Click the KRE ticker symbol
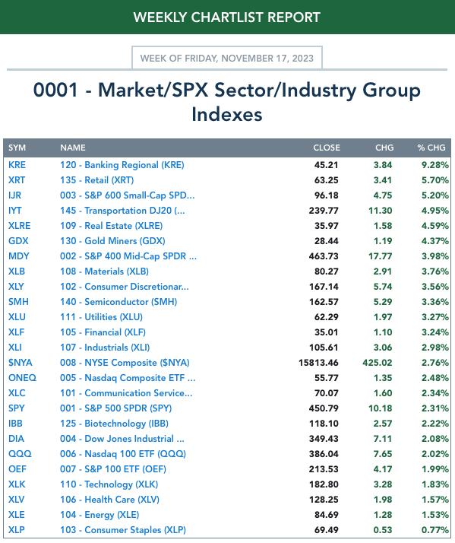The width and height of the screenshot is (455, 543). (17, 165)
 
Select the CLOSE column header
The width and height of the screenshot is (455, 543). (327, 148)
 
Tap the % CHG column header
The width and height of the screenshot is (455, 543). (431, 148)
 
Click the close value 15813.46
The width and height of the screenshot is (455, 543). (318, 363)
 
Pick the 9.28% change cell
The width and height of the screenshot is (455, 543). (435, 165)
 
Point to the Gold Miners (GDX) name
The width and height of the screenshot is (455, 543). (112, 241)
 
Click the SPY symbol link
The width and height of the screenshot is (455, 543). (16, 408)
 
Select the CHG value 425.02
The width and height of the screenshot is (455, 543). (378, 363)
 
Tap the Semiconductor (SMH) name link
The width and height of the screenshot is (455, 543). (118, 302)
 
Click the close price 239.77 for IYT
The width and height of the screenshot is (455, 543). (324, 211)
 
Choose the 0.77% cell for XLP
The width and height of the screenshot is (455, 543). (435, 530)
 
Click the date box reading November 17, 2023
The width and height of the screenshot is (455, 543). (227, 58)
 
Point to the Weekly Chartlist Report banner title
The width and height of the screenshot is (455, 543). (227, 17)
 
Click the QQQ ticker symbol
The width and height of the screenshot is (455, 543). (20, 454)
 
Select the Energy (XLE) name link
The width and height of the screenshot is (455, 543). (100, 515)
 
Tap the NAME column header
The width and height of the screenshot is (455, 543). (73, 148)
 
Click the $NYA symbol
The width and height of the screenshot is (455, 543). (20, 363)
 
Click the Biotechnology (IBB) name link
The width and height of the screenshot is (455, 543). (114, 424)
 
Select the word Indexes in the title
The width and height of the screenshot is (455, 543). (227, 115)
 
